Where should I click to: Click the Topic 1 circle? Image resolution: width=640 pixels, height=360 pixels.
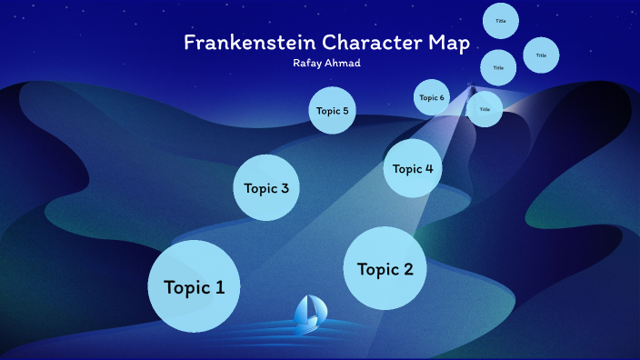tap(194, 286)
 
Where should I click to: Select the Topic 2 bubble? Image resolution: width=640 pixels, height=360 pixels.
tap(385, 269)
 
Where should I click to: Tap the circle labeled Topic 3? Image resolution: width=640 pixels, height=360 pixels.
tap(266, 188)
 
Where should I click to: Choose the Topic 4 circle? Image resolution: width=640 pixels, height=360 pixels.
tap(413, 168)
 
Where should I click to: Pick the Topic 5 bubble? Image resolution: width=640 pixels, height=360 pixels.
tap(332, 111)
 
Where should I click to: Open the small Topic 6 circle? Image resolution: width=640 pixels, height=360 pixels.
tap(432, 97)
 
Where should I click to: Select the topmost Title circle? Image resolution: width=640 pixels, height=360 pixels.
tap(501, 21)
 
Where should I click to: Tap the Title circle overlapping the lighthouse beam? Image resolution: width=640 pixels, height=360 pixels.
tap(485, 109)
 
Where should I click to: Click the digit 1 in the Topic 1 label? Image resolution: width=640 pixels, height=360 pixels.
tap(219, 287)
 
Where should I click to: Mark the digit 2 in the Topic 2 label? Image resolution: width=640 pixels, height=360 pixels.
tap(408, 269)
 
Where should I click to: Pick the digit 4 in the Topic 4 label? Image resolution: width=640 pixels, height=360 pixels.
tap(428, 168)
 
